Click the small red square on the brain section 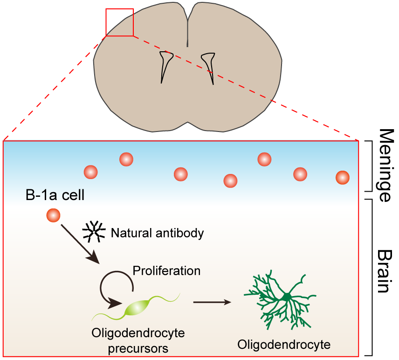pos(120,22)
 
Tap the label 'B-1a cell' pos(55,195)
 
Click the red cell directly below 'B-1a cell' pos(53,215)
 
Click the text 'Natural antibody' pos(158,233)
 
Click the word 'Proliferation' pos(166,270)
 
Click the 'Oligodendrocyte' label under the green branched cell pos(283,345)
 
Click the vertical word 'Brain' pos(384,270)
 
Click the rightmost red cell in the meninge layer pos(343,178)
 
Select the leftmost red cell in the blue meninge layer pos(90,172)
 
